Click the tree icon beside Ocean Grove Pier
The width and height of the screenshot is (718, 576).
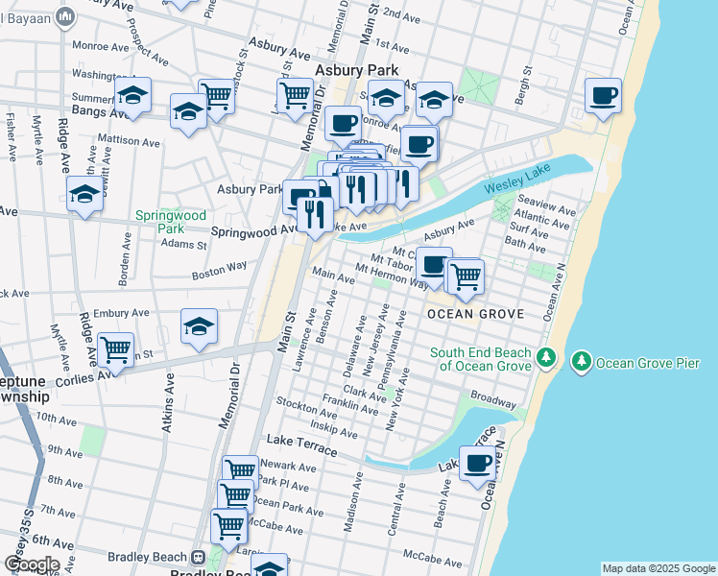point(581,362)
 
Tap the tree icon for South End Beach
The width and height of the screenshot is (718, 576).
point(545,357)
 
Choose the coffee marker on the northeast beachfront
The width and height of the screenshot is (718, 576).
point(603,96)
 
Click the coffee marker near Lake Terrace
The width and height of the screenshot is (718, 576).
point(477,465)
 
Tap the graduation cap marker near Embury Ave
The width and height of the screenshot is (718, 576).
point(199,326)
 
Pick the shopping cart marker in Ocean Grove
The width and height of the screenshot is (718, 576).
point(466,276)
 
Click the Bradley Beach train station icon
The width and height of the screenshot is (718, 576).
point(198,557)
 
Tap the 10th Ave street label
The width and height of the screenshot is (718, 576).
point(56,420)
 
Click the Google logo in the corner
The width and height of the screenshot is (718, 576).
point(31,564)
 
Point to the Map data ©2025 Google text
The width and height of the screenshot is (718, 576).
point(658,568)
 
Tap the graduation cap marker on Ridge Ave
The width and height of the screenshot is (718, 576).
point(85,195)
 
